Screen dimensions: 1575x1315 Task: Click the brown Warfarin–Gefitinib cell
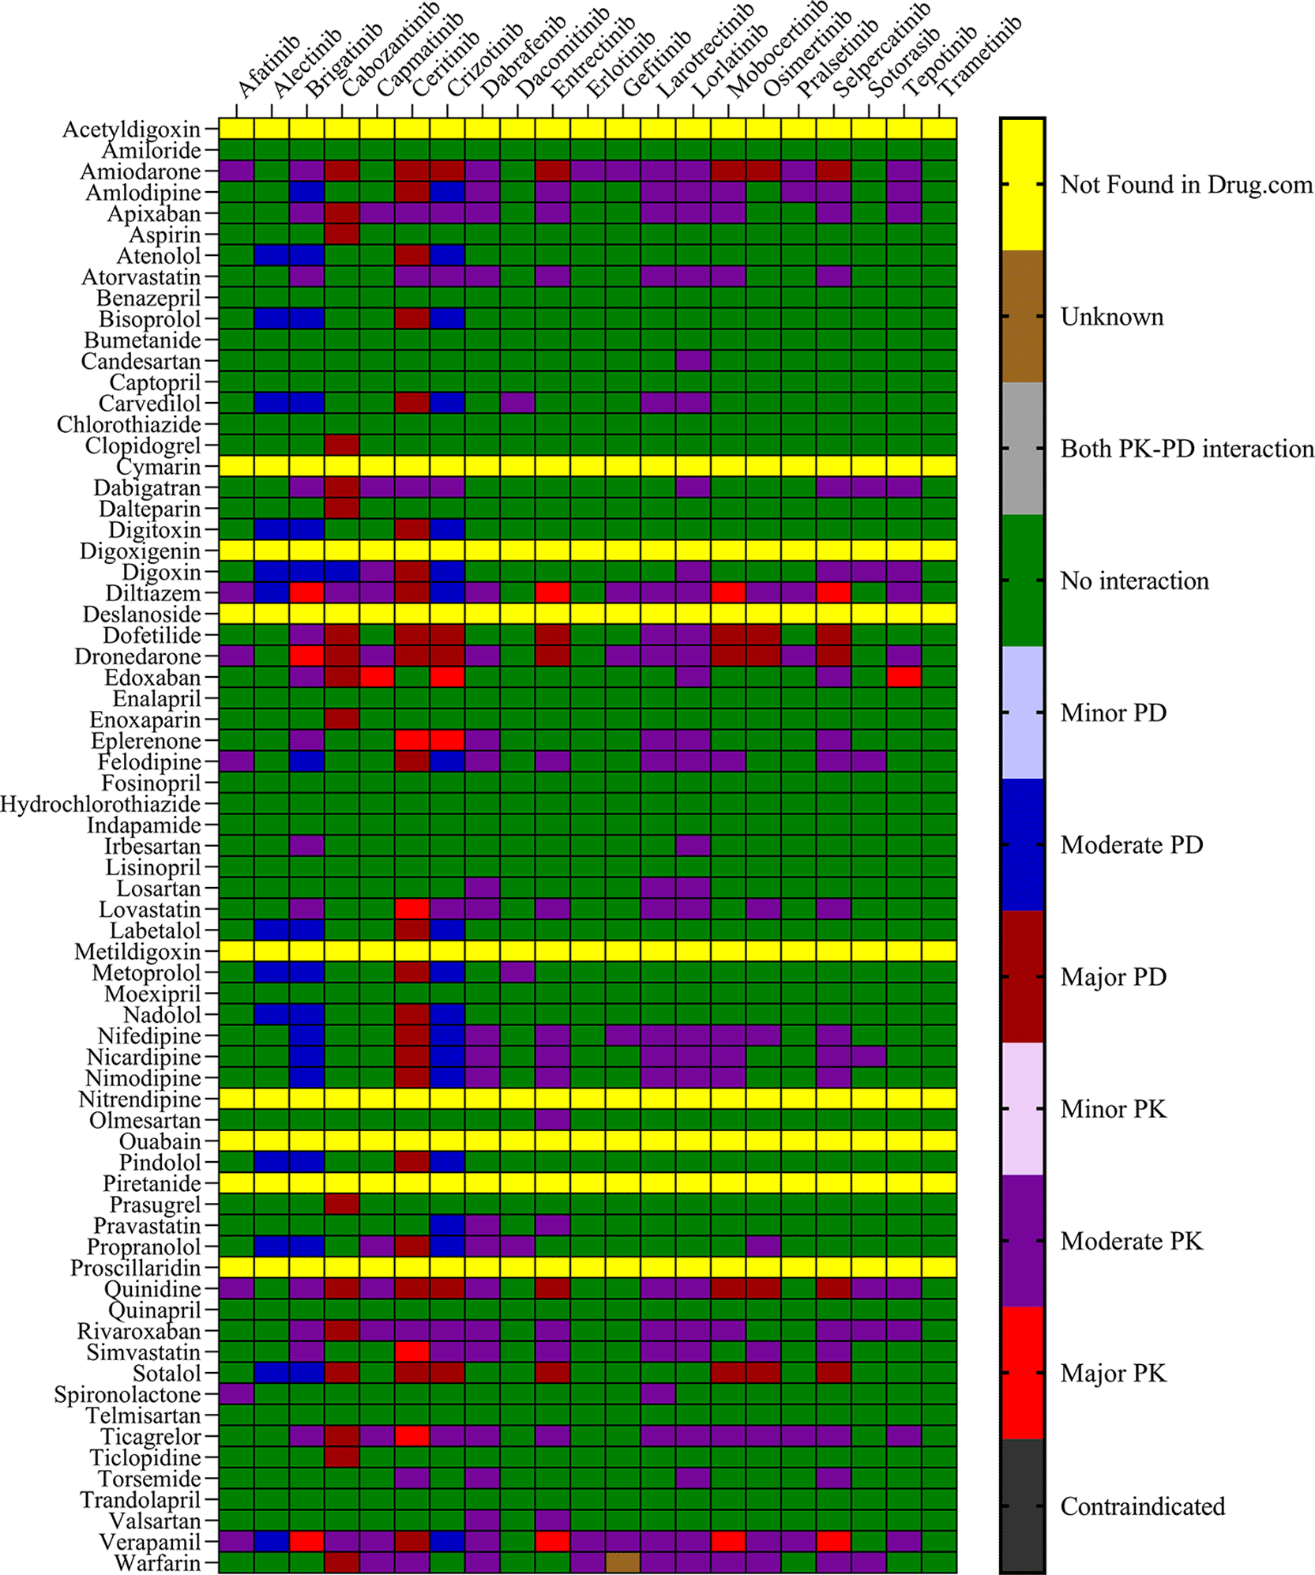pyautogui.click(x=623, y=1562)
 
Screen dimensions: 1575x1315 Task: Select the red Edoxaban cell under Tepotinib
pyautogui.click(x=904, y=677)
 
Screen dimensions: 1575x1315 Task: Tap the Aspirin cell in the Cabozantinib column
pyautogui.click(x=342, y=235)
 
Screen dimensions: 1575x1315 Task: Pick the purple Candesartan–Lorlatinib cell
pyautogui.click(x=693, y=361)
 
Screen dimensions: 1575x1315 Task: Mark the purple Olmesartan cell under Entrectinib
pyautogui.click(x=553, y=1120)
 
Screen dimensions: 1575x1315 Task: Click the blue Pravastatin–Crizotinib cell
pyautogui.click(x=447, y=1225)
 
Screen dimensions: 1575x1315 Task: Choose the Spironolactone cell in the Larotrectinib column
pyautogui.click(x=658, y=1394)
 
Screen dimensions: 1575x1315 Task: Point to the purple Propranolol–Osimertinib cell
pyautogui.click(x=764, y=1246)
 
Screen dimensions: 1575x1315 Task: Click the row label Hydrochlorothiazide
pyautogui.click(x=100, y=804)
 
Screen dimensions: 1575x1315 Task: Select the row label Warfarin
pyautogui.click(x=157, y=1563)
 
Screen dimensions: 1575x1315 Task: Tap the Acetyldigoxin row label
pyautogui.click(x=131, y=129)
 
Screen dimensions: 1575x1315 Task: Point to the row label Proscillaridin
pyautogui.click(x=135, y=1268)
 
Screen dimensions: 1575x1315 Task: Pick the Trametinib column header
pyautogui.click(x=980, y=56)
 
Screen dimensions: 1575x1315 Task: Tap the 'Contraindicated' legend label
pyautogui.click(x=1142, y=1506)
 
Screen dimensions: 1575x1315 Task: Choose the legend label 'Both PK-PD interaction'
pyautogui.click(x=1186, y=449)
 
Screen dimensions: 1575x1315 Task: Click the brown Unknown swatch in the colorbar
pyautogui.click(x=1023, y=317)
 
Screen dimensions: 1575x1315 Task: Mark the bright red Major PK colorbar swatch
pyautogui.click(x=1023, y=1373)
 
